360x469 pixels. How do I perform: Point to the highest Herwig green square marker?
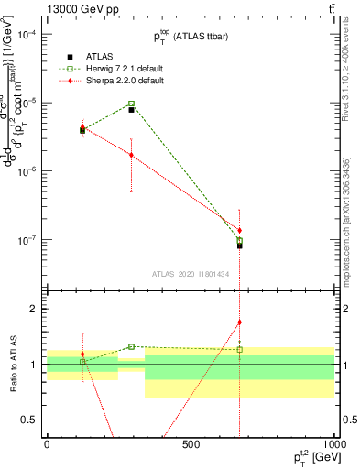point(132,104)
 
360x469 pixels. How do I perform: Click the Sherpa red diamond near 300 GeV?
point(132,155)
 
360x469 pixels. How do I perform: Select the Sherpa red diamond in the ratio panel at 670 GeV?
point(239,322)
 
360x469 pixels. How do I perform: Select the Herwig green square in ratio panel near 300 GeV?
point(132,346)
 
